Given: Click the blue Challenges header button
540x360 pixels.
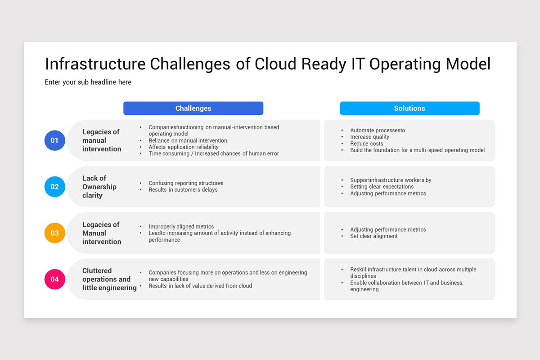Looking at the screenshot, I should pyautogui.click(x=193, y=108).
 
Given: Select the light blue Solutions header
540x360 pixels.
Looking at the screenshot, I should pyautogui.click(x=409, y=108).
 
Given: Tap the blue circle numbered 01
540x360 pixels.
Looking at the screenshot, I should pyautogui.click(x=54, y=140).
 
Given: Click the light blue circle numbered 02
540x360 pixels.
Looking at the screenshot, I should pyautogui.click(x=54, y=187).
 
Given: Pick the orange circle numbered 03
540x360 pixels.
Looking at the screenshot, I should pyautogui.click(x=54, y=233).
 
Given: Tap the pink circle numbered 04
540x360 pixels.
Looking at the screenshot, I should pyautogui.click(x=54, y=279).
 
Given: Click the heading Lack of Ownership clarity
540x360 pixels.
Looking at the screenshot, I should pyautogui.click(x=99, y=187).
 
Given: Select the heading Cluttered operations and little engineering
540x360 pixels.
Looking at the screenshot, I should pyautogui.click(x=109, y=279).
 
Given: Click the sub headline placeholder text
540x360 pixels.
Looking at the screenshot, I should pyautogui.click(x=88, y=82).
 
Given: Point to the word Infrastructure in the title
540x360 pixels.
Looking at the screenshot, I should pyautogui.click(x=95, y=64).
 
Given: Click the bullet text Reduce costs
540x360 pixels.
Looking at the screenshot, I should pyautogui.click(x=367, y=144).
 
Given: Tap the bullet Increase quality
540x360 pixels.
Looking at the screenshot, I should pyautogui.click(x=369, y=137).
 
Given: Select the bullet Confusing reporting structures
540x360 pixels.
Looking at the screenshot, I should pyautogui.click(x=186, y=183).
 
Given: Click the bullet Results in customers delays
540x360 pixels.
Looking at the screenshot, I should pyautogui.click(x=183, y=190).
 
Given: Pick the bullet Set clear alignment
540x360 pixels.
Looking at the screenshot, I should pyautogui.click(x=374, y=236).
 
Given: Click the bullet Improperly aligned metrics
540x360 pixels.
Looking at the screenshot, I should pyautogui.click(x=181, y=226).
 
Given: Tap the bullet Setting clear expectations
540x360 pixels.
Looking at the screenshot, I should pyautogui.click(x=382, y=187).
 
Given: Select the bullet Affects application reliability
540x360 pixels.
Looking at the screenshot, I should pyautogui.click(x=184, y=147).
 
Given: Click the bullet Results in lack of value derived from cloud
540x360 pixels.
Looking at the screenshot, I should pyautogui.click(x=200, y=286).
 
